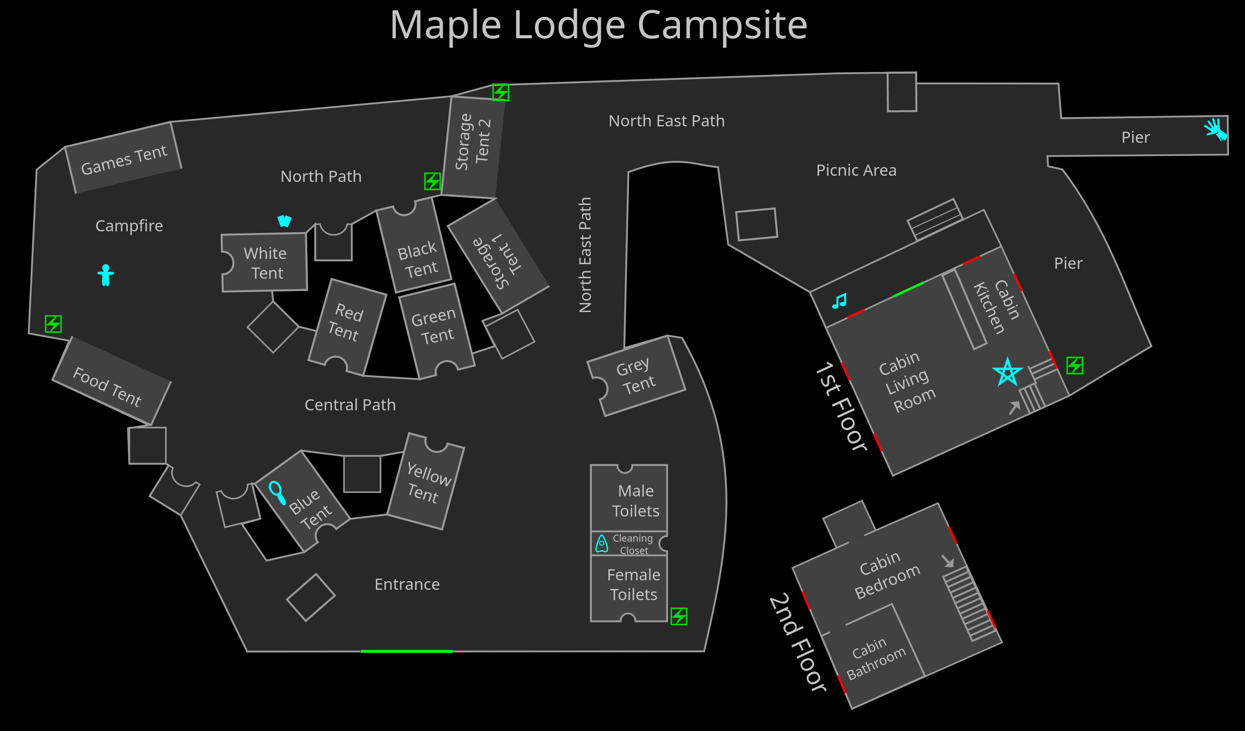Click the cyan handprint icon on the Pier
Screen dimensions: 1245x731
point(1215,129)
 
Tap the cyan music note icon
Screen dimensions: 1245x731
point(839,301)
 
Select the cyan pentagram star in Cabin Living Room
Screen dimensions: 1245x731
point(1007,372)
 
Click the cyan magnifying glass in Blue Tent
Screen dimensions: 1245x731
point(277,492)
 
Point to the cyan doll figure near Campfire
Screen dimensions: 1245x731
point(106,275)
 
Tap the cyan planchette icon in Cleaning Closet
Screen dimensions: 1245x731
point(602,543)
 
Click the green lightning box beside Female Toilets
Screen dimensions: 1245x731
point(679,617)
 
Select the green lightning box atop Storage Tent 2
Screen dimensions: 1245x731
point(500,92)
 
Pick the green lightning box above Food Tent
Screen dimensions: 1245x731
point(54,324)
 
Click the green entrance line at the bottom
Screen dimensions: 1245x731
point(406,652)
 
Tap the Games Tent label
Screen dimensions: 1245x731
point(124,160)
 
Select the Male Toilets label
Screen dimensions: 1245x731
point(636,501)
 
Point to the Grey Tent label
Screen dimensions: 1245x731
point(636,376)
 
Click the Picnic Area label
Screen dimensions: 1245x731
point(856,170)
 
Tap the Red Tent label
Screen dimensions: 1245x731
point(346,322)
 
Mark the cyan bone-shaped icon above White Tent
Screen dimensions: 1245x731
point(284,220)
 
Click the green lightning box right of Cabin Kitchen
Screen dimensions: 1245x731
point(1074,365)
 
